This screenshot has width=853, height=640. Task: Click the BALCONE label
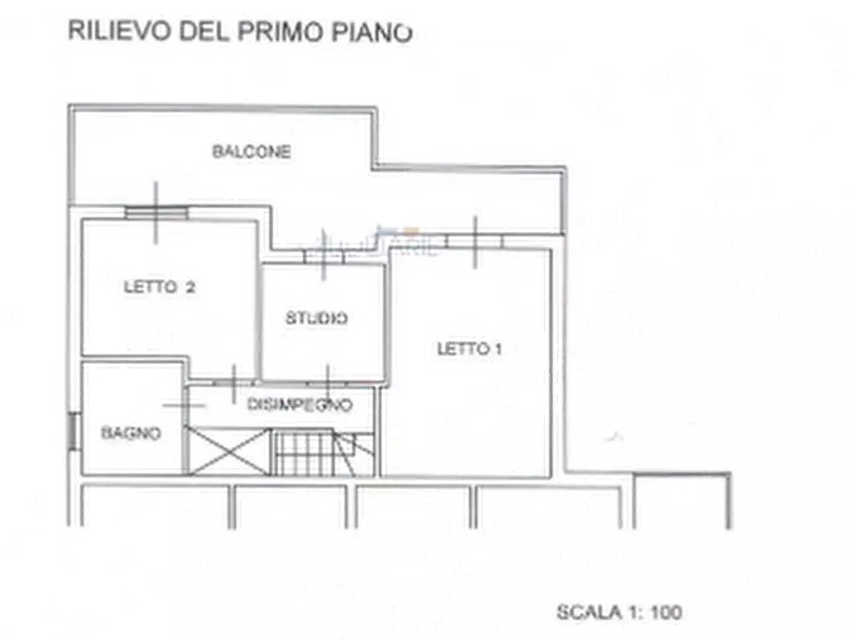point(251,151)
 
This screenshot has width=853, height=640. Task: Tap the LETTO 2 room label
point(160,287)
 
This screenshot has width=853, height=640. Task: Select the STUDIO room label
point(316,318)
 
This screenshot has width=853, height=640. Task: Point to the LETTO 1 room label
point(469,349)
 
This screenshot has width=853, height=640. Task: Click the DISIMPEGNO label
point(300,404)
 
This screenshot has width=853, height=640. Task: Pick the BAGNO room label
point(131,433)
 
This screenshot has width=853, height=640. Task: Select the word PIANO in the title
point(373,32)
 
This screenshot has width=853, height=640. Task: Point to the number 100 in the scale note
point(667,612)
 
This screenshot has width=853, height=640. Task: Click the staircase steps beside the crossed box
point(324,453)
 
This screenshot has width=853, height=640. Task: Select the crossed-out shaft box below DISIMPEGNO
point(229,451)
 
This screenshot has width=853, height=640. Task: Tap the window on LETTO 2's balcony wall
point(157,212)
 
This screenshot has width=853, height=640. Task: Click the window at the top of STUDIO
point(324,256)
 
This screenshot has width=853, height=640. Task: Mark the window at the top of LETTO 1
point(475,242)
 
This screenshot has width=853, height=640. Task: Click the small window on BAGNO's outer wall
point(73,432)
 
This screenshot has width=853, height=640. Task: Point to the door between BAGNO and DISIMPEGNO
point(185,405)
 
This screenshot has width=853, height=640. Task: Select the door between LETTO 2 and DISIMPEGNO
point(234,383)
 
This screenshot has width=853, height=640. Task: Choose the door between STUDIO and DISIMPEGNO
point(328,383)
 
